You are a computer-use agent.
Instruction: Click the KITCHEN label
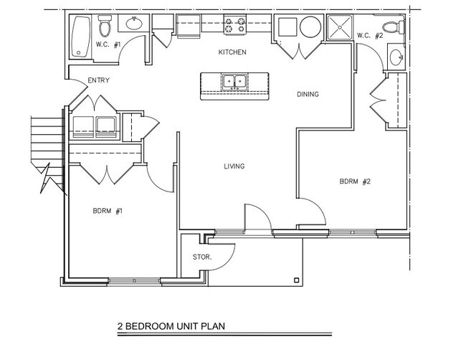point(232,52)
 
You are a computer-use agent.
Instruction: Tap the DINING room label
point(307,94)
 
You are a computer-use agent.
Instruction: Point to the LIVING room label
point(234,166)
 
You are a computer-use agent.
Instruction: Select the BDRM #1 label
point(108,211)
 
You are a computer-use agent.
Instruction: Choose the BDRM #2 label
point(354,181)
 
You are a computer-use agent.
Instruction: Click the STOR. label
point(201,257)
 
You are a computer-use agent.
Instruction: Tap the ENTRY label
point(98,80)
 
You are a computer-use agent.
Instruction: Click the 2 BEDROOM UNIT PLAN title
point(170,325)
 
